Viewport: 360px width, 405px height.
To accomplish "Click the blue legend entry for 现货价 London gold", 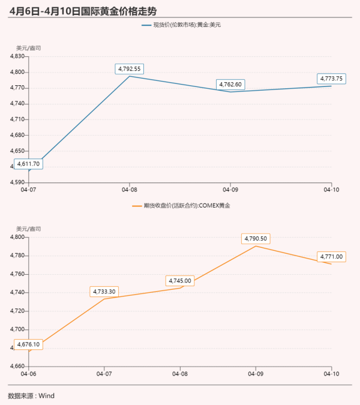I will pos(180,25).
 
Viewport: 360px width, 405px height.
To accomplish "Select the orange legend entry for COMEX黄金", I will pos(180,205).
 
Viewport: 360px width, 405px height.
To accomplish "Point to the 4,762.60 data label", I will pos(230,85).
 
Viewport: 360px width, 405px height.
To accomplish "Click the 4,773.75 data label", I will pos(332,79).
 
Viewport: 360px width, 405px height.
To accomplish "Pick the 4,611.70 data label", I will pos(29,163).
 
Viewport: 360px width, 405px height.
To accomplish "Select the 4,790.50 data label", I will pos(256,239).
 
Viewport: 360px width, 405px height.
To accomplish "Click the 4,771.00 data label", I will pos(332,257).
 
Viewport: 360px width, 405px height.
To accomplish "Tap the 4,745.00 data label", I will pos(180,281).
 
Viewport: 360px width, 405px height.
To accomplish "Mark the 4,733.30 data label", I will pos(104,292).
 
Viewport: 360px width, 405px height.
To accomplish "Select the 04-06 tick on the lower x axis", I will pos(28,373).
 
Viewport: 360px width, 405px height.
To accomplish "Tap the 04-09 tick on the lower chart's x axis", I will pos(256,373).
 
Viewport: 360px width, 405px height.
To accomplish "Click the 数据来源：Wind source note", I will pos(31,395).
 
